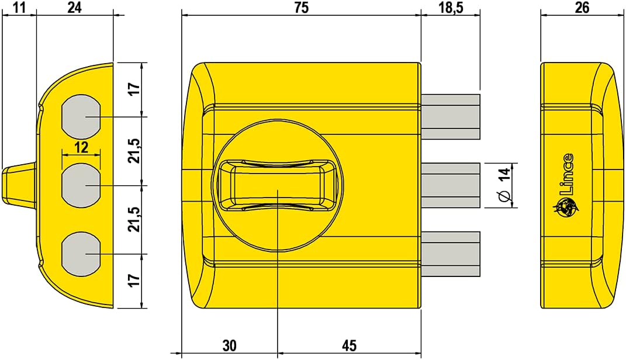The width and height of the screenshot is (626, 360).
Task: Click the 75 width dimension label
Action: pos(301,8)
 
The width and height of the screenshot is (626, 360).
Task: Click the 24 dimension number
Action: pos(74,8)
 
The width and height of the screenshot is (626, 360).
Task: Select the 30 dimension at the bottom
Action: pos(230,346)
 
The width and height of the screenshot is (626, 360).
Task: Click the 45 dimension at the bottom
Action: pos(349,346)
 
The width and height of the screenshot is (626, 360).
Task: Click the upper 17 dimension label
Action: pos(134,89)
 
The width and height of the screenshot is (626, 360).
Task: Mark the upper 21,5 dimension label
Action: pos(134,151)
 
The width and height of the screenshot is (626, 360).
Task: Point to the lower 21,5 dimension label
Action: pos(134,220)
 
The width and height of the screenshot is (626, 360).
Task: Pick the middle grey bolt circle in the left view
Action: pos(81,185)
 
